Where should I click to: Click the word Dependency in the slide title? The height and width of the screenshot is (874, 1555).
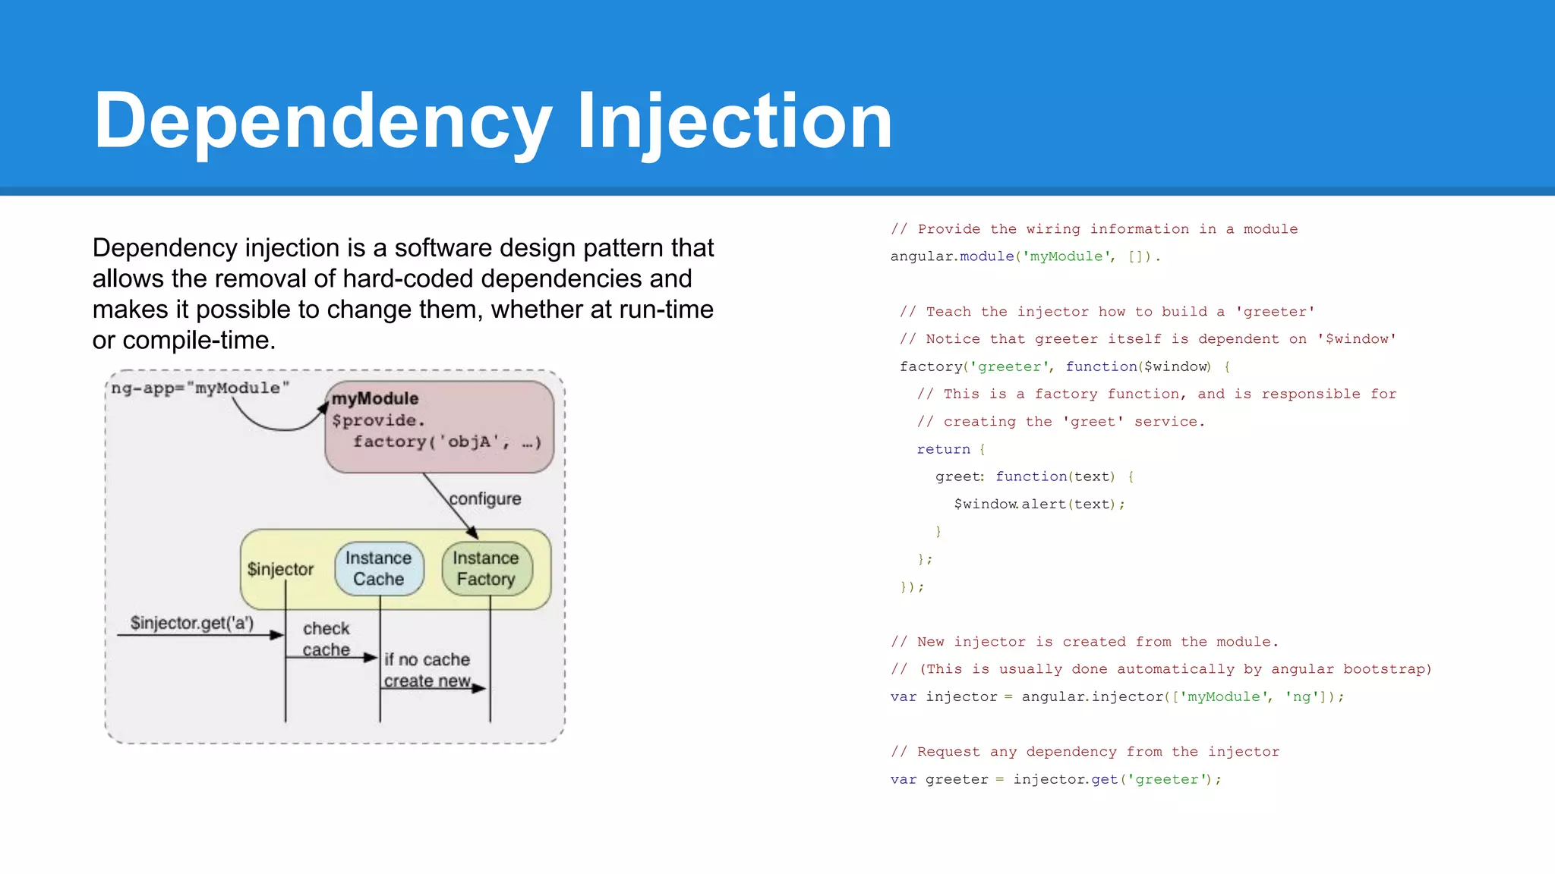coord(323,121)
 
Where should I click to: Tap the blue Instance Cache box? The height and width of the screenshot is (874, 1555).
coord(379,568)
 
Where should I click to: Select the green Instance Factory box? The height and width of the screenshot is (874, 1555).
coord(486,568)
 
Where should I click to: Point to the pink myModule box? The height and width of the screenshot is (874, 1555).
coord(439,426)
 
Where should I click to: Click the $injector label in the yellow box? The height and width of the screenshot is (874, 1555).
coord(280,569)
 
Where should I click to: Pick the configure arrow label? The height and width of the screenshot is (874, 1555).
coord(485,499)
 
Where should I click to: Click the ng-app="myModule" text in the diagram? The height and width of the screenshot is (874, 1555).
coord(200,388)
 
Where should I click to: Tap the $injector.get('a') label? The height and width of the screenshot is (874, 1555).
coord(192,623)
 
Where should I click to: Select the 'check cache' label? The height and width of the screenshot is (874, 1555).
coord(326,639)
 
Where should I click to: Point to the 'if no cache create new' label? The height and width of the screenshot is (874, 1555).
coord(427,670)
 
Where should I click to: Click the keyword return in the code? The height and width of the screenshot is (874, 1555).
coord(943,449)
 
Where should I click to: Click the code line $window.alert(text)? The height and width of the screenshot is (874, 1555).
coord(1039,505)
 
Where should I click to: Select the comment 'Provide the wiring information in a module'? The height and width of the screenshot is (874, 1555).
coord(1094,229)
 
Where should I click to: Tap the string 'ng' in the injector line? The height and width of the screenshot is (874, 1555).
coord(1301,696)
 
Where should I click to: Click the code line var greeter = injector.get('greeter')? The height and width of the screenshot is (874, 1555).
coord(1055,779)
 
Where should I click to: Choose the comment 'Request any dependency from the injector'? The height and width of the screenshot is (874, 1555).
coord(1085,752)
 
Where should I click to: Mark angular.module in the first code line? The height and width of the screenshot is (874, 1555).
coord(952,256)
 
